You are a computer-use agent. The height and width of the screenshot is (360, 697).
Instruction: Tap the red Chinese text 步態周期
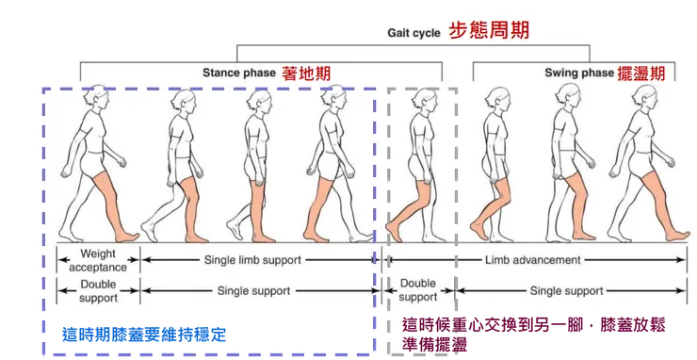(x=488, y=30)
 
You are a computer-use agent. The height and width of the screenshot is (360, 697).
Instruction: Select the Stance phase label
(x=238, y=73)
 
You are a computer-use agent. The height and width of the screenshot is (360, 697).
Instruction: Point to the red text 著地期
(x=307, y=73)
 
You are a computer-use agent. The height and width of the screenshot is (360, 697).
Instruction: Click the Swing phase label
(x=579, y=73)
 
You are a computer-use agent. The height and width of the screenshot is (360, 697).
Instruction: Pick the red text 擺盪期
(x=642, y=73)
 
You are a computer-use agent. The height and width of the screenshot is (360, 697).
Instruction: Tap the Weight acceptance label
(x=98, y=260)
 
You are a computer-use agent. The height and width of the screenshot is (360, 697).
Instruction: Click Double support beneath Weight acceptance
(x=98, y=290)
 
